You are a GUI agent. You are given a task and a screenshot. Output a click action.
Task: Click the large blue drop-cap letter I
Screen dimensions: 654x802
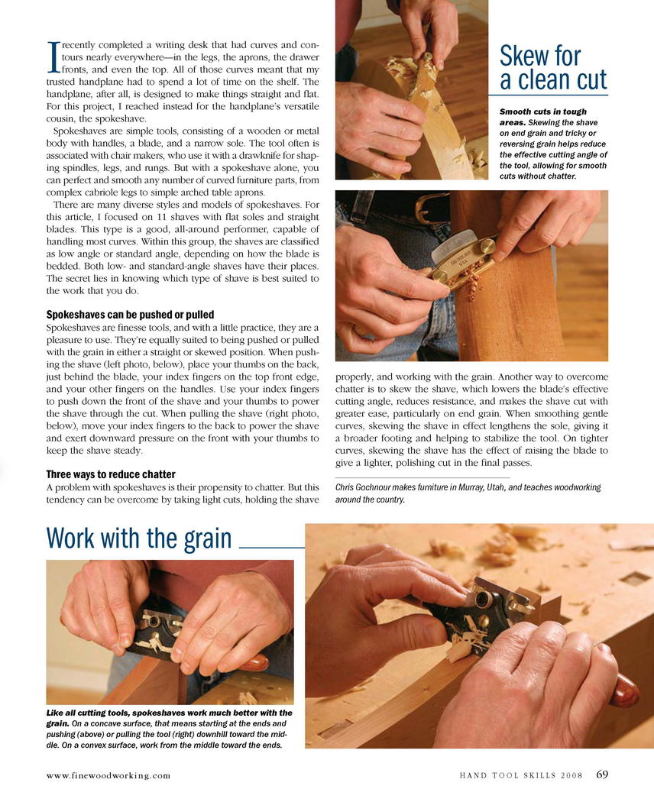pyautogui.click(x=53, y=57)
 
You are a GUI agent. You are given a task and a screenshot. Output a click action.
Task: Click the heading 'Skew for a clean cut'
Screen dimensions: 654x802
pyautogui.click(x=552, y=68)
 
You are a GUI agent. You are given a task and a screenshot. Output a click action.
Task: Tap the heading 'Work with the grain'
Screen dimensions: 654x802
pyautogui.click(x=139, y=538)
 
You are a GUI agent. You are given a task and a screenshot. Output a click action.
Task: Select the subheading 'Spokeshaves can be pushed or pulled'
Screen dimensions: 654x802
pyautogui.click(x=130, y=315)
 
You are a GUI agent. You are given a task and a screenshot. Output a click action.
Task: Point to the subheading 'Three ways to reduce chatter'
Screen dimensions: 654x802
pyautogui.click(x=111, y=474)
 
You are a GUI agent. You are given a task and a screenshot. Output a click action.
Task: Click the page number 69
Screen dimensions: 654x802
pyautogui.click(x=602, y=775)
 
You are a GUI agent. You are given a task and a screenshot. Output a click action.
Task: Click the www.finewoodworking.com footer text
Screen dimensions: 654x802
pyautogui.click(x=108, y=775)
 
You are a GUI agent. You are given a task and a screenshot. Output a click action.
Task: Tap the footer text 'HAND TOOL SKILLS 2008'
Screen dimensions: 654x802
pyautogui.click(x=521, y=775)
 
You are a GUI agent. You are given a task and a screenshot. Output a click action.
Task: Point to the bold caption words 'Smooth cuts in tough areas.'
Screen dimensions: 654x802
pyautogui.click(x=542, y=117)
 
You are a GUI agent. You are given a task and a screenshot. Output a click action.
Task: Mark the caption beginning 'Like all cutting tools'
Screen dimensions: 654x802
pyautogui.click(x=170, y=729)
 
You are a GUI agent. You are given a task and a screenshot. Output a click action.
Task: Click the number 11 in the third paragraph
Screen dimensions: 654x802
pyautogui.click(x=162, y=217)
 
